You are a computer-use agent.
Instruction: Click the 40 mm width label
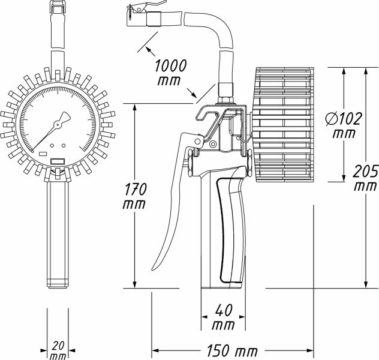point(222,318)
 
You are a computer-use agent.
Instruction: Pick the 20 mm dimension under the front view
point(58,350)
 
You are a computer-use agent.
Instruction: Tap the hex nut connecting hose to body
point(226,95)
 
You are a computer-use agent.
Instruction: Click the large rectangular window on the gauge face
point(58,161)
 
